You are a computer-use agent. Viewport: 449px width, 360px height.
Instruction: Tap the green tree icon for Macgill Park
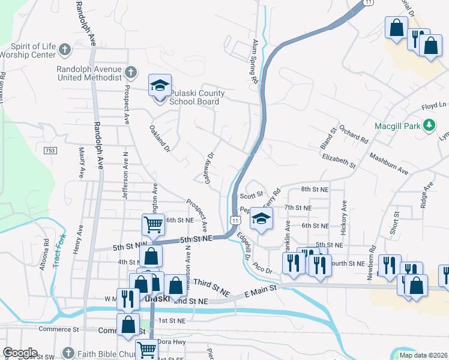429,125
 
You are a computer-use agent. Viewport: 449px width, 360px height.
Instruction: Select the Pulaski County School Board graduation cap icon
160,86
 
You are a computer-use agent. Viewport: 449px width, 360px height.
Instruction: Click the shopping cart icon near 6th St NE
153,224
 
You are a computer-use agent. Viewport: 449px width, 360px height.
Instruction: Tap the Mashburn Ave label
389,163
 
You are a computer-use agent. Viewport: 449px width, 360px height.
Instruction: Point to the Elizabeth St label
339,160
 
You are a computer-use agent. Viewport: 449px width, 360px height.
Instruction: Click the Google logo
20,353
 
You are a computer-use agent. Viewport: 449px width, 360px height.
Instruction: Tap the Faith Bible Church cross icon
69,353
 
